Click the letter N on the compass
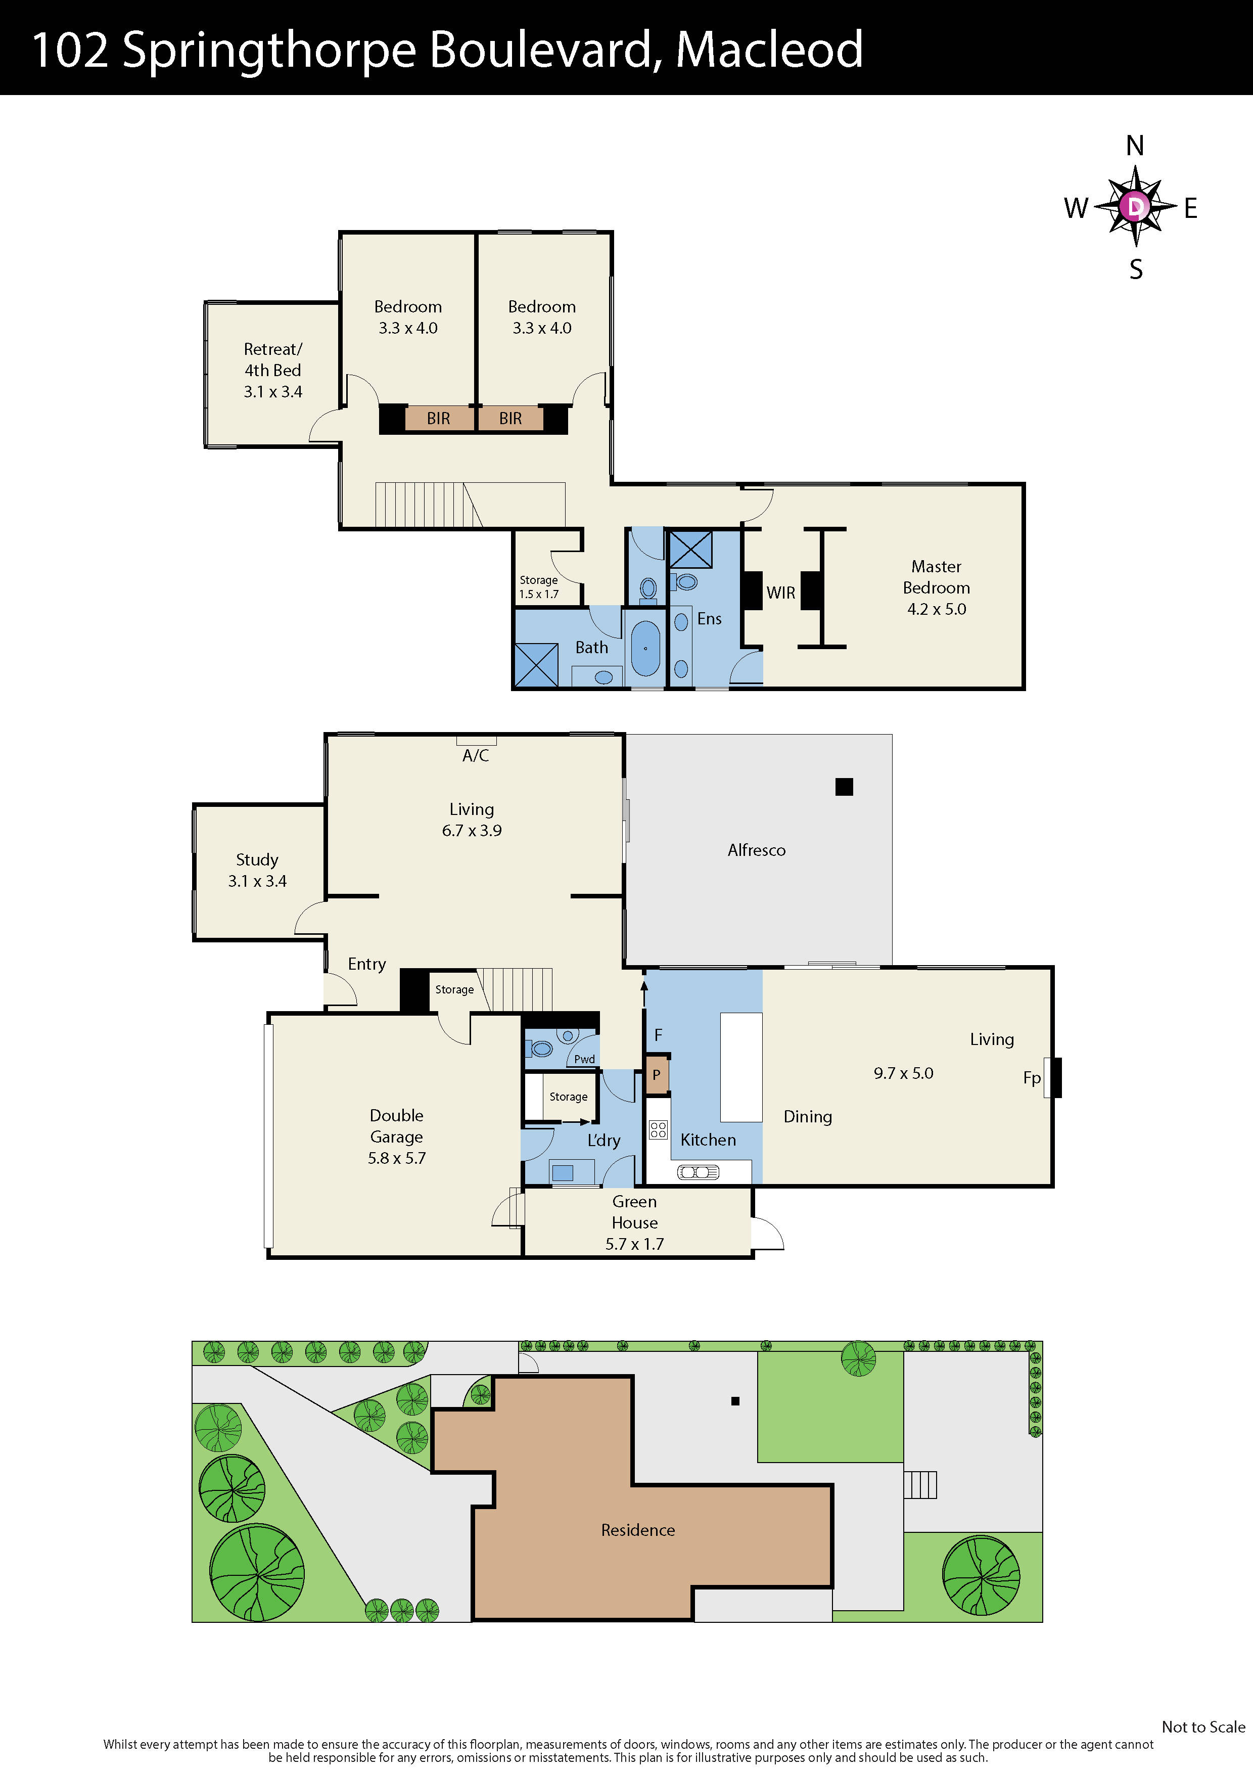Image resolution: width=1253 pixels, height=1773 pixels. point(1134,145)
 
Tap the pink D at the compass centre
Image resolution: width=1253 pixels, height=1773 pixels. point(1135,207)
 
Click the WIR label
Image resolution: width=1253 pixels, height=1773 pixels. point(780,593)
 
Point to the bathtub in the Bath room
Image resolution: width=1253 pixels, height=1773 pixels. point(645,649)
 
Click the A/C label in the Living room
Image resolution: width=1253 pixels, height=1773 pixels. point(476,755)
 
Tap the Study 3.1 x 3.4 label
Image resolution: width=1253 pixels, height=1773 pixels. point(257,870)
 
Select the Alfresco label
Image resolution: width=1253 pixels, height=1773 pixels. point(757,850)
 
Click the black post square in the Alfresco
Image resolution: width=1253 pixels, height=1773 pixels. point(844,787)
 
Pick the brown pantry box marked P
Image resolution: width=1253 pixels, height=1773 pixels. point(656,1075)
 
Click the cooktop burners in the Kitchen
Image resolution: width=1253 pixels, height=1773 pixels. point(658,1130)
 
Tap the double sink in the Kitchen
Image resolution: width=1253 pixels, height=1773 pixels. point(698,1172)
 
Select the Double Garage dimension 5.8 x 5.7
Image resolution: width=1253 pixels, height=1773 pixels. point(396,1158)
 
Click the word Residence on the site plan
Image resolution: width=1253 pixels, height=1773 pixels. point(638,1530)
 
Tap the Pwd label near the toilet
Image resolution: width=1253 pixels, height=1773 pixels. point(584,1059)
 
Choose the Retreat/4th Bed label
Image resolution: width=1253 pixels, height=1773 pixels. point(272,370)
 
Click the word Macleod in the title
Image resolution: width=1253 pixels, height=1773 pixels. point(769,50)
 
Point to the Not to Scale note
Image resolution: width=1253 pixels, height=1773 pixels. point(1203,1726)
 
